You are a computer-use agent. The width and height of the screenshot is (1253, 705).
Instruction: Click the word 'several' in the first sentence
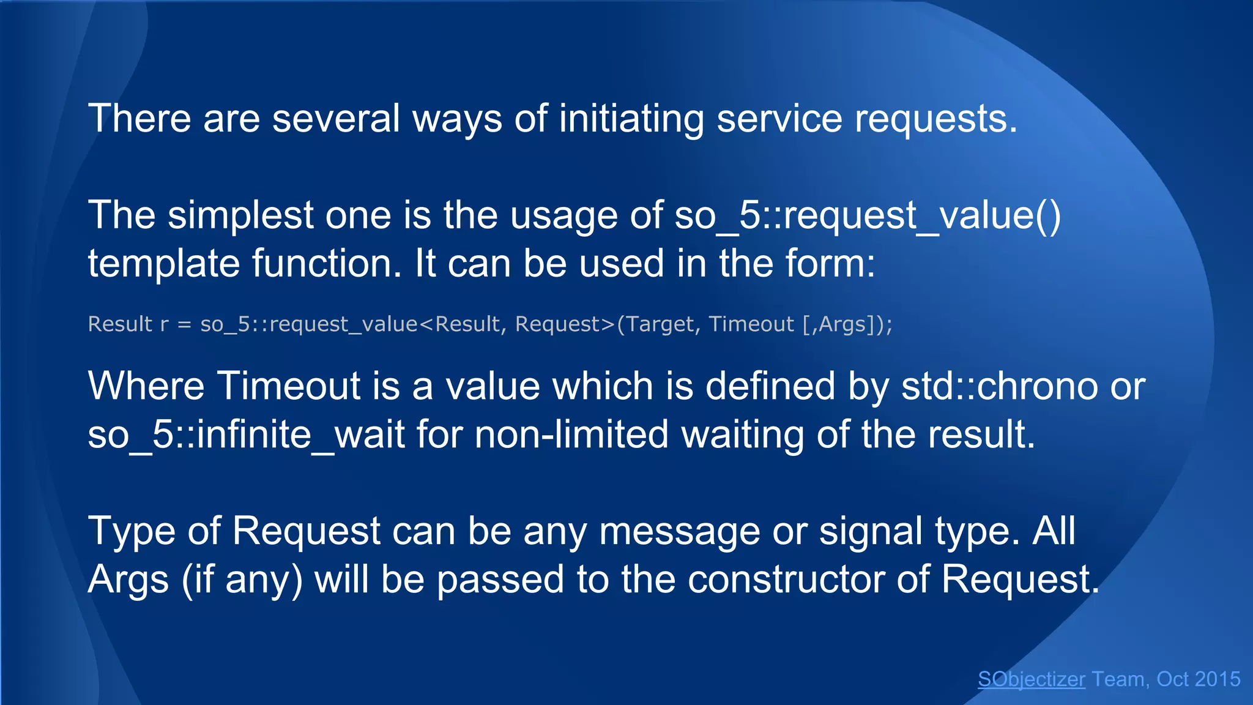point(336,118)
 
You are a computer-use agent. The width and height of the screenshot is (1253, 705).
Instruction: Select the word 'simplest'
point(240,215)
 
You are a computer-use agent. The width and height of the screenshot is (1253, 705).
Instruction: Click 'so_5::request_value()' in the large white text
point(868,215)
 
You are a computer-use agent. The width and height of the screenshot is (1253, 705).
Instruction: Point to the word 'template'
point(163,264)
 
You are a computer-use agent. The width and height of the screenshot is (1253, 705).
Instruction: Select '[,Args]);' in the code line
point(847,324)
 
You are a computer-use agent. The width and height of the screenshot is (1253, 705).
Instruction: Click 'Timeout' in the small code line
point(751,324)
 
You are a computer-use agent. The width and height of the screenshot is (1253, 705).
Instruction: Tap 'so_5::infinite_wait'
point(246,435)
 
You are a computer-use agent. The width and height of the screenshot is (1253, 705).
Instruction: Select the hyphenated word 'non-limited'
point(571,435)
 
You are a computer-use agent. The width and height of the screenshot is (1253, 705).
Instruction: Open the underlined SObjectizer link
point(1032,679)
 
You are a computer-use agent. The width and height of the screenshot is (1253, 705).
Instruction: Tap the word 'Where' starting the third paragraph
point(146,386)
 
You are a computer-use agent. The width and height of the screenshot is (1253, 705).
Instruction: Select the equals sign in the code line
point(184,324)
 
